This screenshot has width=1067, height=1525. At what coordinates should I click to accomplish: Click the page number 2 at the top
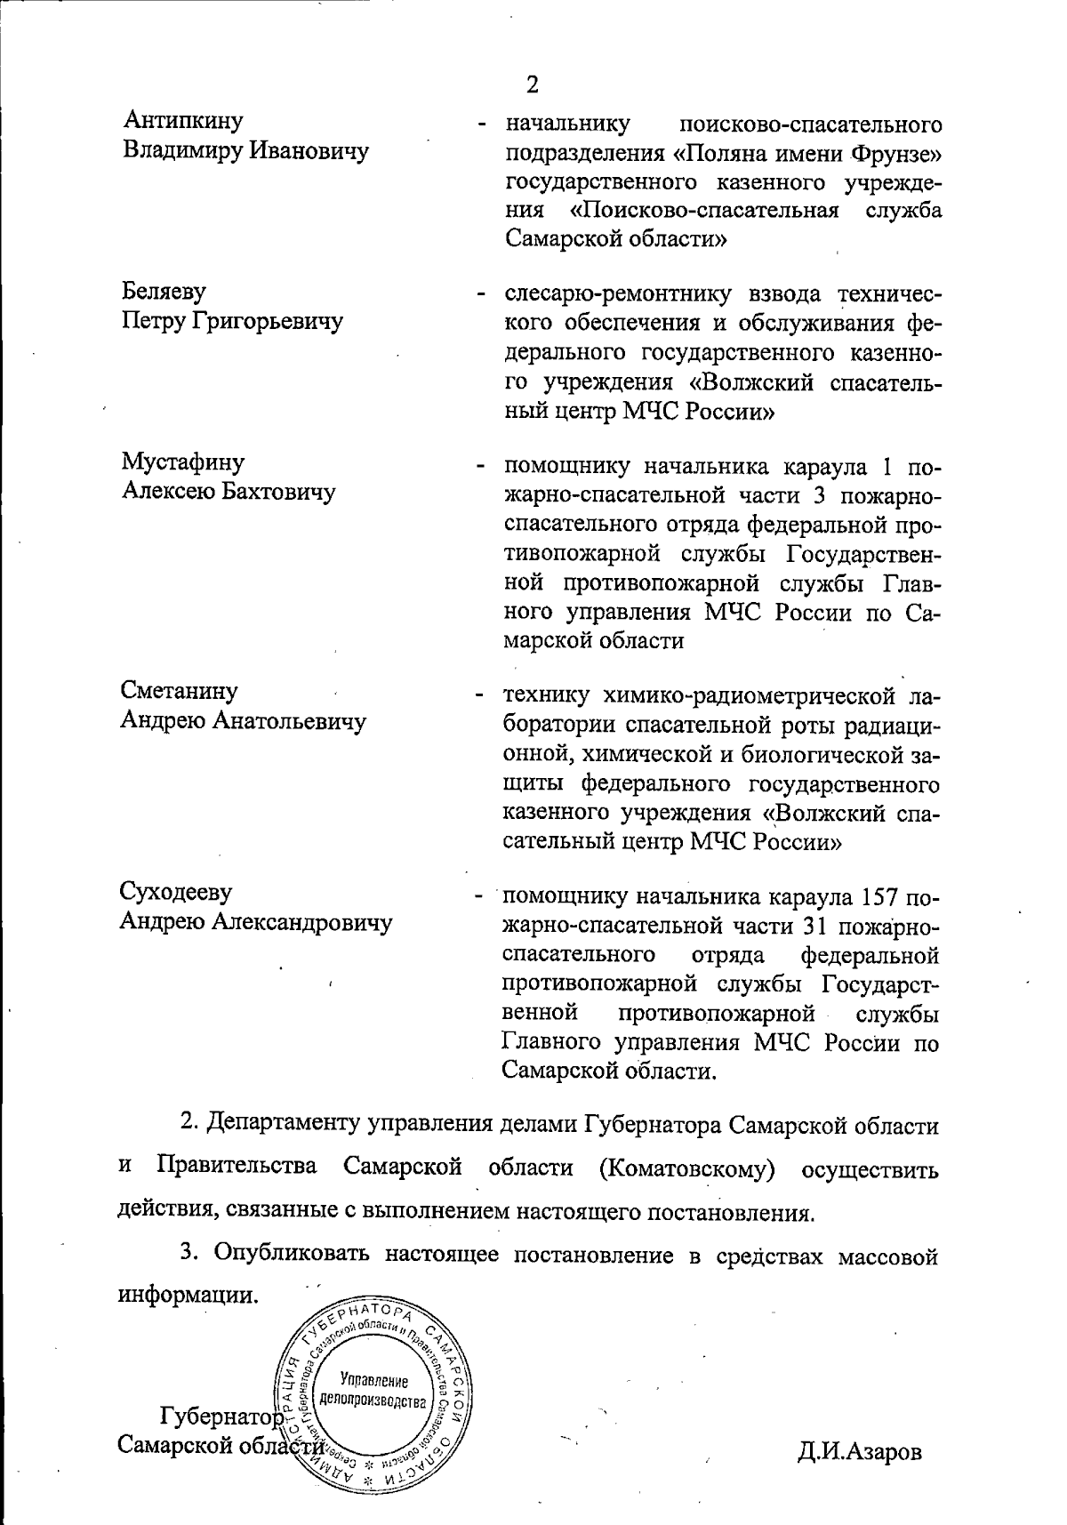(532, 85)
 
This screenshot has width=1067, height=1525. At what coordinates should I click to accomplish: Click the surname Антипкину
(183, 119)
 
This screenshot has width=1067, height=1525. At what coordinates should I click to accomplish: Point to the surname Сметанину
(180, 691)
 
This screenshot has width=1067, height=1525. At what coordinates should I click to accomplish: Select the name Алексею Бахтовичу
(229, 492)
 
